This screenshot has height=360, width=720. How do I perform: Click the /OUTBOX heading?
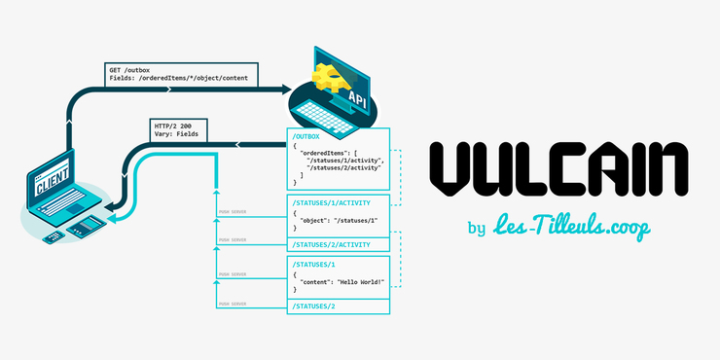(x=308, y=137)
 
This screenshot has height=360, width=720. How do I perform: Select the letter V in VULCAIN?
(x=454, y=170)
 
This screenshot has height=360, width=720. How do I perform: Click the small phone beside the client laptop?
(x=51, y=239)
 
